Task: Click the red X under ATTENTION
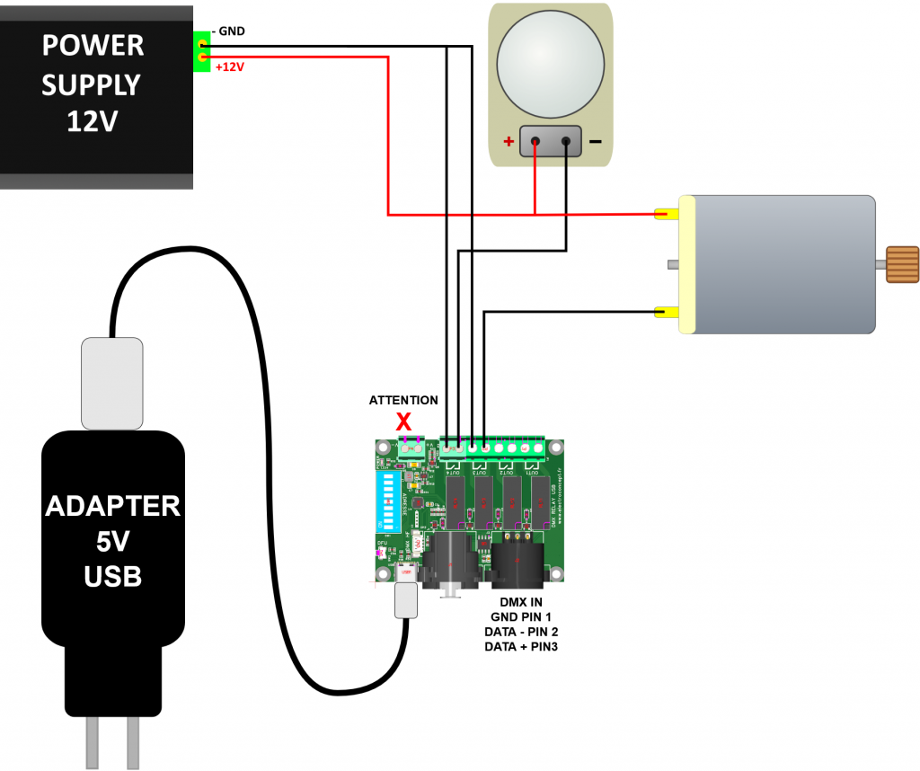pos(404,421)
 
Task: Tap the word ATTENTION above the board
pos(404,400)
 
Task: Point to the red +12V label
pos(231,66)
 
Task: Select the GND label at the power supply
pos(229,31)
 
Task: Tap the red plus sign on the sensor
pos(509,141)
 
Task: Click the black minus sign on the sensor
pos(595,142)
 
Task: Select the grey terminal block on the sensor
pos(551,141)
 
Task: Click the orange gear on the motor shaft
pos(902,264)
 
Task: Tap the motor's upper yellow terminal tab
pos(668,215)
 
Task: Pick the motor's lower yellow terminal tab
pos(668,313)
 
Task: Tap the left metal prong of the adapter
pos(93,742)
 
